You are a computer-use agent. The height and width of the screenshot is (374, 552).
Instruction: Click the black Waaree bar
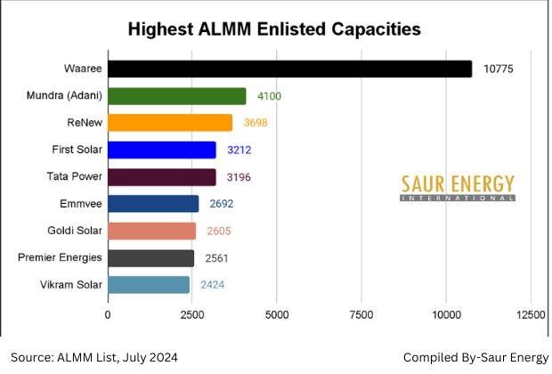click(289, 69)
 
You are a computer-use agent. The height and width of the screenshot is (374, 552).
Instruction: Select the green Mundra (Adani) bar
click(176, 96)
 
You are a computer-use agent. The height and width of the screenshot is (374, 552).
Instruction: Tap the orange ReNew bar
click(169, 123)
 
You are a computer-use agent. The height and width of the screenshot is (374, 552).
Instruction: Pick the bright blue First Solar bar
click(161, 150)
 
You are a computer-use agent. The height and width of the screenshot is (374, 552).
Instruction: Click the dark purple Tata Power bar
click(161, 176)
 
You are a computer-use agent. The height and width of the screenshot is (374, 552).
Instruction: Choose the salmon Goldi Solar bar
click(151, 231)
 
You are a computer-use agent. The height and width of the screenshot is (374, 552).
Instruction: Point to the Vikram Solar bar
click(149, 285)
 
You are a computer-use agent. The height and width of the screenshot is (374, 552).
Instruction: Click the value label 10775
click(499, 69)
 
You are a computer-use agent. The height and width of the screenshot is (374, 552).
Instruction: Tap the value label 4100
click(269, 96)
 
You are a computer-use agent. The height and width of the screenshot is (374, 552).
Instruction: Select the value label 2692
click(222, 204)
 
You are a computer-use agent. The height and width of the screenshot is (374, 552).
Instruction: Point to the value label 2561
click(216, 258)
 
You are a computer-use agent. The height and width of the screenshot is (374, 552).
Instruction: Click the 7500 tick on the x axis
click(361, 315)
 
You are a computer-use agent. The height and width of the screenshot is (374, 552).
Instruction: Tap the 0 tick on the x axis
click(108, 315)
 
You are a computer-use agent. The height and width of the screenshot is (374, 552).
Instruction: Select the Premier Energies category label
click(60, 258)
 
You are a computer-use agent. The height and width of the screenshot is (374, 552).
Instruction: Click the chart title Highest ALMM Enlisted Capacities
click(274, 28)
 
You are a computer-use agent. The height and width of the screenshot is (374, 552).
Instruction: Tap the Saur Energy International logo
click(457, 187)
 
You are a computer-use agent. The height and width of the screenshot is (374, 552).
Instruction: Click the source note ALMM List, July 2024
click(94, 357)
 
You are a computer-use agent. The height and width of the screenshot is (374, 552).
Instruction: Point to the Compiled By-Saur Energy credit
click(475, 357)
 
